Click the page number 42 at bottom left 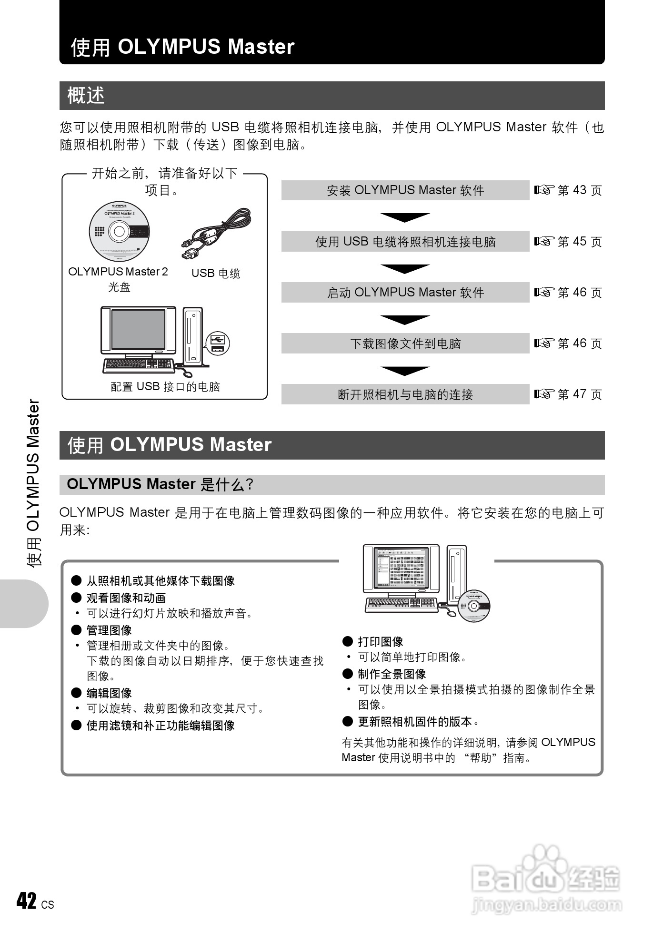click(x=27, y=901)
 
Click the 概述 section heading click(x=86, y=96)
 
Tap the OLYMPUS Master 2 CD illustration click(x=119, y=232)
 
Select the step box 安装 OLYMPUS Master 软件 click(x=405, y=190)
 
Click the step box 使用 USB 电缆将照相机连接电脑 click(x=405, y=242)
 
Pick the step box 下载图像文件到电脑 click(x=405, y=343)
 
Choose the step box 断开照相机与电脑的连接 click(x=405, y=394)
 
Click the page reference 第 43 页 click(x=568, y=190)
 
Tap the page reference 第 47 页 click(x=568, y=394)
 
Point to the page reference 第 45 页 click(x=568, y=242)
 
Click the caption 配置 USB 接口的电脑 click(x=165, y=387)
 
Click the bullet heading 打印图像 click(x=380, y=642)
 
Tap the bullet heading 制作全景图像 click(x=392, y=674)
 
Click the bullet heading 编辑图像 click(x=109, y=693)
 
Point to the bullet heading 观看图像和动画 click(x=126, y=598)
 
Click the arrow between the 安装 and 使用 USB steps click(x=405, y=217)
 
